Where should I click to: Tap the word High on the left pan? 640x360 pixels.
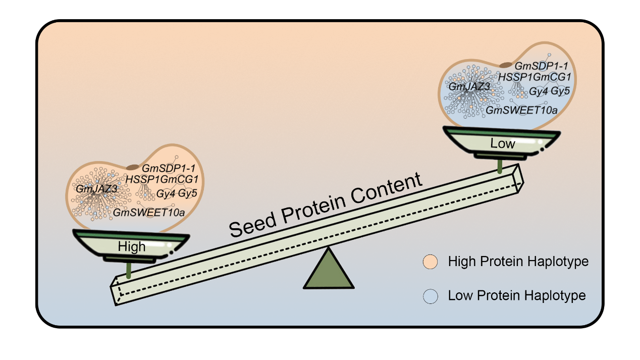pos(132,247)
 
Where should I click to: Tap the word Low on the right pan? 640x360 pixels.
pos(503,143)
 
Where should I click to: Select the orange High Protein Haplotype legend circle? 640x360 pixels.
pos(430,262)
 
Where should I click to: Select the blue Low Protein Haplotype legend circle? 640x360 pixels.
pos(430,296)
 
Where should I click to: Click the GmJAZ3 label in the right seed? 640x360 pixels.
pos(469,86)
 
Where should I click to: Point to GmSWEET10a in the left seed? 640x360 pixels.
pos(149,213)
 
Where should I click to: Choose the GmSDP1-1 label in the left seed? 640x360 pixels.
pos(165,168)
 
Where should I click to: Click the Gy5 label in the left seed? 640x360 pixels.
pos(187,193)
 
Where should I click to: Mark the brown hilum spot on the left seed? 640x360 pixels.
pos(132,167)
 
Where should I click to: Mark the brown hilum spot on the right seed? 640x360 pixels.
pos(505,65)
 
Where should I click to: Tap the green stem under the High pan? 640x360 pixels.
pos(129,270)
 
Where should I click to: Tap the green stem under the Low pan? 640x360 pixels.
pos(500,166)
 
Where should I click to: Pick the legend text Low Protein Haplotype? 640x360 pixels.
pos(517,295)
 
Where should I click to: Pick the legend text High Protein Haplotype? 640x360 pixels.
pos(518,262)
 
